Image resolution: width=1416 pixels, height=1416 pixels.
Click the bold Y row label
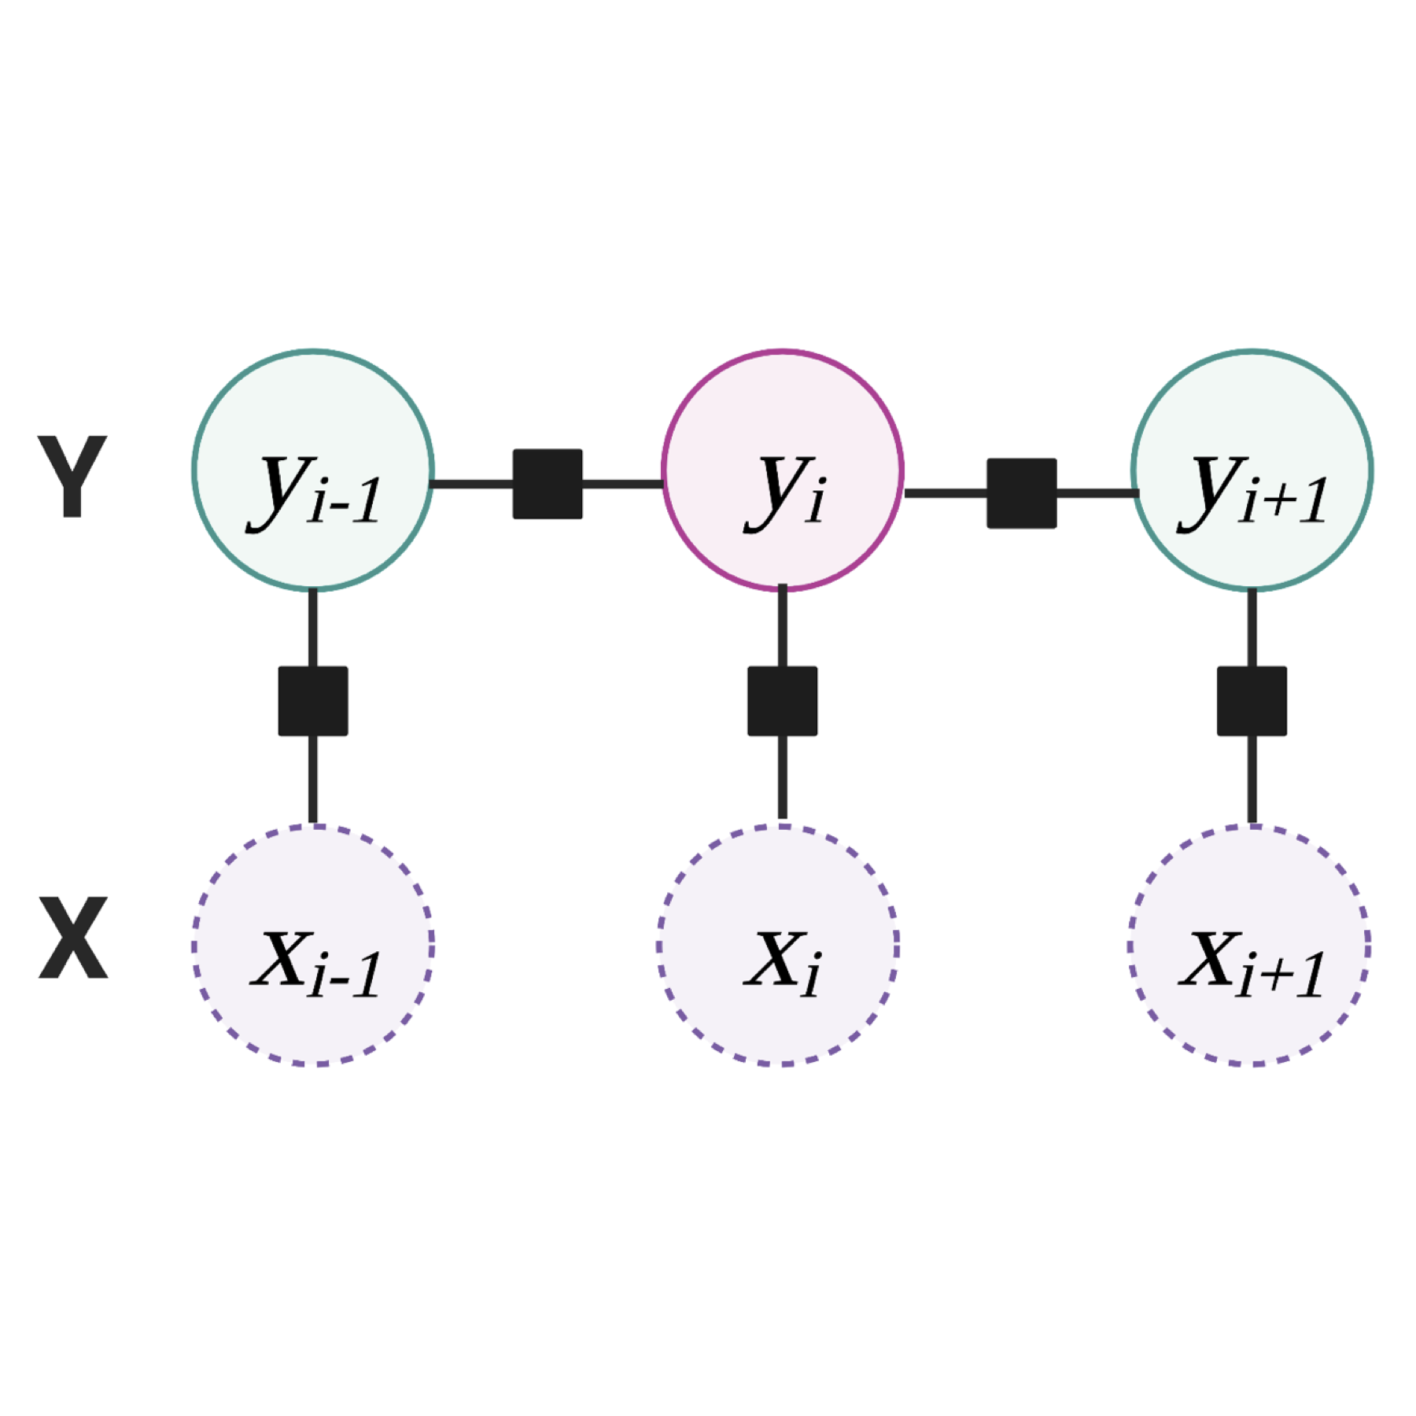[72, 476]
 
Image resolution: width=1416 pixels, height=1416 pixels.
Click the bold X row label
[72, 937]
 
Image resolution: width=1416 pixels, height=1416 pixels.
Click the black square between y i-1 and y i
[548, 484]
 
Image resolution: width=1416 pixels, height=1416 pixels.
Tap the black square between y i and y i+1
[1021, 493]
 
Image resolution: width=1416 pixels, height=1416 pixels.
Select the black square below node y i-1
[313, 701]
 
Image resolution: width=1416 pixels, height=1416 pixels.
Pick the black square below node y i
[782, 701]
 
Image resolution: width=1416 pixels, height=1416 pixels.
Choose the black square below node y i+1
[1252, 701]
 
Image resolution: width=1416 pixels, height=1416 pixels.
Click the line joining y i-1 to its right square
[472, 484]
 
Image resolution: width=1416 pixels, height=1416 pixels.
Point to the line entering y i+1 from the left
[1097, 493]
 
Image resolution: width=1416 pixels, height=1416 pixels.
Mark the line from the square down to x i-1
[313, 779]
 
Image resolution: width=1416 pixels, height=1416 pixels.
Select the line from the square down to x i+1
[1252, 779]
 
